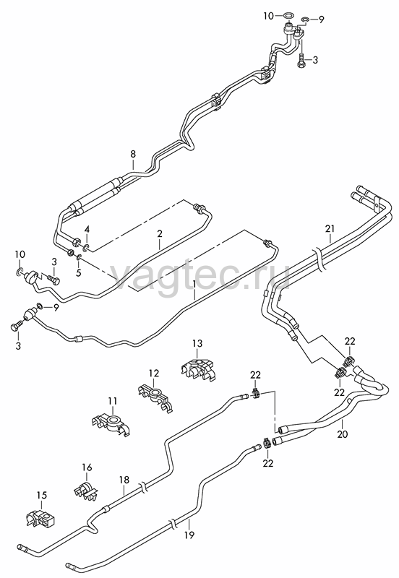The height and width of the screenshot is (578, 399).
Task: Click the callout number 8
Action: click(x=133, y=154)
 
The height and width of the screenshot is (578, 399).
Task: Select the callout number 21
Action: click(x=330, y=228)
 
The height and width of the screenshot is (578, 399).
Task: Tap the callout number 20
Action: click(x=343, y=434)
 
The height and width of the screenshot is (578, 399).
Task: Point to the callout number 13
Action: click(x=197, y=344)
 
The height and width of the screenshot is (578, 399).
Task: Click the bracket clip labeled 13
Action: click(x=199, y=368)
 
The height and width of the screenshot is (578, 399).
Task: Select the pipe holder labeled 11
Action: click(x=111, y=424)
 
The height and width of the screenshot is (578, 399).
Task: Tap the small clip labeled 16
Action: click(x=86, y=489)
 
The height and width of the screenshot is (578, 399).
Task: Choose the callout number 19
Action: click(x=189, y=535)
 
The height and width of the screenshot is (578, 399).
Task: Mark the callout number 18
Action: click(x=124, y=480)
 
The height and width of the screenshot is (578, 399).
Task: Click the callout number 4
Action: click(x=87, y=229)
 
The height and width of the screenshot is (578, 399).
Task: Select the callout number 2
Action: click(x=160, y=233)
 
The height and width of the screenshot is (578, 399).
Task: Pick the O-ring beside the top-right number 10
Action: click(x=288, y=16)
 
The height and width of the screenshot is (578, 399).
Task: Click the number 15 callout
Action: click(x=42, y=496)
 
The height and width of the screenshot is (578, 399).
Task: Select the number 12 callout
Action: click(x=154, y=373)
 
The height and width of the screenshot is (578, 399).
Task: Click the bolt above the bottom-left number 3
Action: click(x=17, y=326)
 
